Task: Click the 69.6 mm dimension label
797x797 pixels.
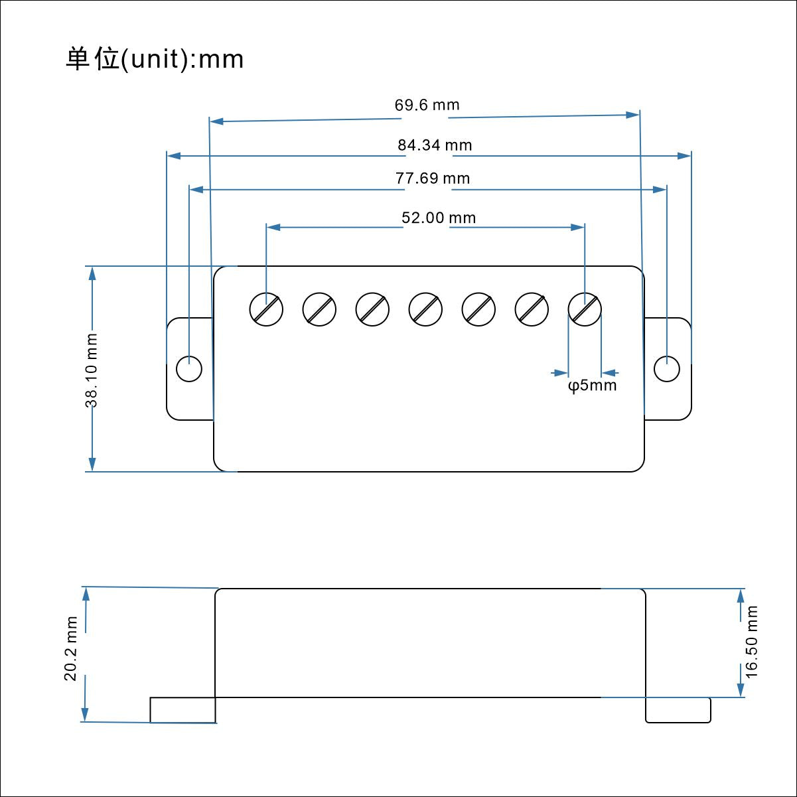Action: click(427, 105)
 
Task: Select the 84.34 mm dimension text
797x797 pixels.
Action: click(435, 145)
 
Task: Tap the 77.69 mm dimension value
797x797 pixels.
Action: click(433, 179)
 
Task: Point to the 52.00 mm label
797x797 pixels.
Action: click(439, 218)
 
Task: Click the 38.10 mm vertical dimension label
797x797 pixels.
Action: click(92, 370)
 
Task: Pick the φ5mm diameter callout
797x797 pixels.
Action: click(593, 386)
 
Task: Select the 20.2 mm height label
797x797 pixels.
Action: click(71, 648)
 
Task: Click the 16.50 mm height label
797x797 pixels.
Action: click(751, 641)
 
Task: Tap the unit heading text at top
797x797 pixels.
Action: click(155, 59)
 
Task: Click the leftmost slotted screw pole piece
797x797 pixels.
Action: click(266, 309)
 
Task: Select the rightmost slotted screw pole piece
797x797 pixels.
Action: click(585, 309)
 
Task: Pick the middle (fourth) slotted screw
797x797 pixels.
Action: click(425, 309)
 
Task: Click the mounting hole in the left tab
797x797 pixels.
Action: click(189, 369)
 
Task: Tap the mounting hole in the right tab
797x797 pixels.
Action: click(667, 369)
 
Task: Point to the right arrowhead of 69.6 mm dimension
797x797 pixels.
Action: click(632, 115)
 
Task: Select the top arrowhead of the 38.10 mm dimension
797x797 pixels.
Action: click(92, 273)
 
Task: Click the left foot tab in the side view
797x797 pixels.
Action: click(182, 710)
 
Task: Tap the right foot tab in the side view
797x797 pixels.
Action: click(678, 710)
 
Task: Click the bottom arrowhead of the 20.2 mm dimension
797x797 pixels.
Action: click(85, 715)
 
